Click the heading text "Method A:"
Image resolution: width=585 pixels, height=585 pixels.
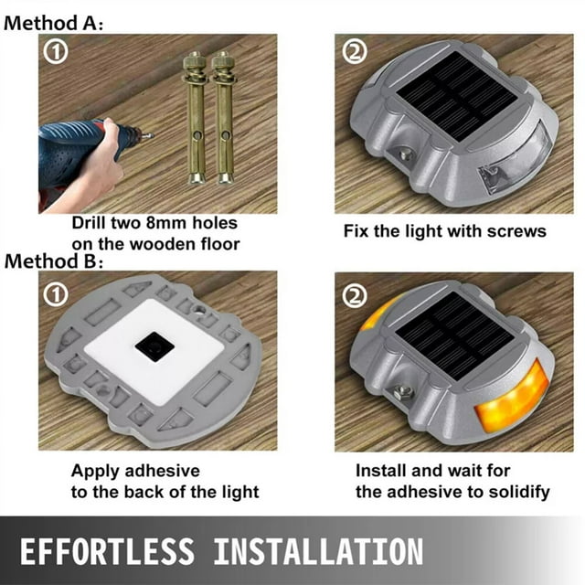53,24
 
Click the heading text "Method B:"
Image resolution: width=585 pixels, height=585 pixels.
53,261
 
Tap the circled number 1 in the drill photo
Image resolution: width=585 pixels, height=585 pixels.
56,52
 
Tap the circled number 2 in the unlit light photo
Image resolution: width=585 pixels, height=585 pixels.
355,52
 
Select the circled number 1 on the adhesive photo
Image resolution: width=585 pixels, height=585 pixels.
56,294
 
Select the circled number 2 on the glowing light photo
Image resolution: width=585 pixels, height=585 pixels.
355,296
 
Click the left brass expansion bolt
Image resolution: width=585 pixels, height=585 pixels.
195,118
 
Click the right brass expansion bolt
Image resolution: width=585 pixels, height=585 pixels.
224,118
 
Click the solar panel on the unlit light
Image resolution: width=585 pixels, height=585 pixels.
456,96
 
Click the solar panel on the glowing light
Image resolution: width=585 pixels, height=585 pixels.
454,335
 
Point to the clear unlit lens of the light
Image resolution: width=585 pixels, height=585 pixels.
516,158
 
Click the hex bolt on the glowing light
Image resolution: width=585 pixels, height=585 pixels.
403,392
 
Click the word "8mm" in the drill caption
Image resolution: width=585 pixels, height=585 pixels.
166,223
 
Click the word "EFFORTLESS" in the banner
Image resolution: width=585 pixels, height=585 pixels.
108,551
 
